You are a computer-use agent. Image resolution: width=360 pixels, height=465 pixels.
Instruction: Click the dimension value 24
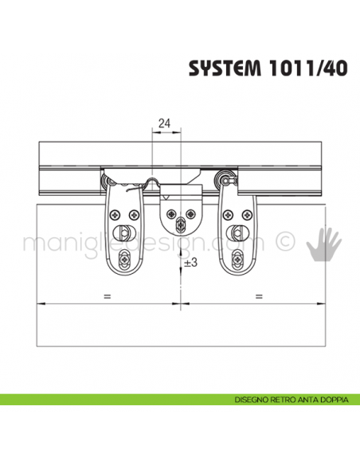click(x=165, y=123)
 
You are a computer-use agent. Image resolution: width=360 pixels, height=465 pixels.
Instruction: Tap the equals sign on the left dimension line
click(x=106, y=296)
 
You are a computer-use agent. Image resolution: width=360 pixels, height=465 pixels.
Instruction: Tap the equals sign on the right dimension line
click(x=259, y=296)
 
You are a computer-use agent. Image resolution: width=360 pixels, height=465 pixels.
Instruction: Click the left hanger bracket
click(x=125, y=227)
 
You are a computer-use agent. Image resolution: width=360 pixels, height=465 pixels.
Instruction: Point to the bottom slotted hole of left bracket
click(x=126, y=258)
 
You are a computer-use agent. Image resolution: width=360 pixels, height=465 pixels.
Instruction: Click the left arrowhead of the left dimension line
click(x=40, y=303)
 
